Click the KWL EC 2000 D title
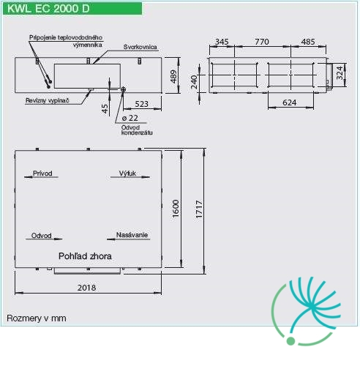(48, 9)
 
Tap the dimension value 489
(173, 76)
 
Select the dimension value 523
(141, 104)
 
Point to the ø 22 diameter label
(130, 118)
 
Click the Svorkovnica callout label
(140, 47)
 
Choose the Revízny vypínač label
(48, 100)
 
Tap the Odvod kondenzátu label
(137, 130)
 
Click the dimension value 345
(222, 42)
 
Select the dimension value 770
(262, 42)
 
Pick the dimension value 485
(308, 42)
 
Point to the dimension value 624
(290, 102)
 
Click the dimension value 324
(340, 72)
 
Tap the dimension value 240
(194, 82)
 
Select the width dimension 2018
(86, 288)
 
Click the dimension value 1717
(199, 209)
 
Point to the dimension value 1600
(176, 209)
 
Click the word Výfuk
(127, 173)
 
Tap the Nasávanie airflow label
(132, 235)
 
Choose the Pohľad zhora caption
(85, 256)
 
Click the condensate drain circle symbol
(123, 89)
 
